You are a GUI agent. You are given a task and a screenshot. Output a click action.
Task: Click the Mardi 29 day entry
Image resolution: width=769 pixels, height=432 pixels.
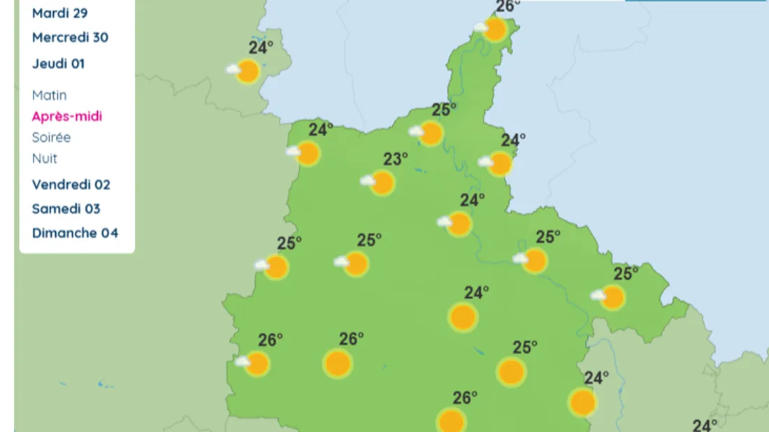(59, 13)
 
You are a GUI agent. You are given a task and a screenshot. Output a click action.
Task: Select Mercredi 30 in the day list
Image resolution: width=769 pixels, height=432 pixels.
(70, 38)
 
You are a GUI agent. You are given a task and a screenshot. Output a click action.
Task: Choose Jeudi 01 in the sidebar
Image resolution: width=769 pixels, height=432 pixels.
(58, 64)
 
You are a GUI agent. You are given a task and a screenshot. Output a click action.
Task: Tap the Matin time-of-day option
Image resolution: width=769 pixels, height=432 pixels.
(49, 95)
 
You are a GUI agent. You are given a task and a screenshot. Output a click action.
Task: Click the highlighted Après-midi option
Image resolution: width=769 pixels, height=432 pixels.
(67, 116)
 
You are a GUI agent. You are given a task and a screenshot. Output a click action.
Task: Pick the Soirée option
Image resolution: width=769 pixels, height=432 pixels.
(51, 137)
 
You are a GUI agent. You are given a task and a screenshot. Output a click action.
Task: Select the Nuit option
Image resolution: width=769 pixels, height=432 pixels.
(45, 159)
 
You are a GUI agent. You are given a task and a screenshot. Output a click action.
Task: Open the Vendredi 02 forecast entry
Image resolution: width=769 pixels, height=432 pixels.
(71, 185)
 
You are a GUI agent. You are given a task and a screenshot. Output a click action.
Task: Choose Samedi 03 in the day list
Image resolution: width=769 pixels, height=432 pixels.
(66, 208)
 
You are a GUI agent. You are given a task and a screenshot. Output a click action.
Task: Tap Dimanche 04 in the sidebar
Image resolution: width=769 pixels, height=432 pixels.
(75, 233)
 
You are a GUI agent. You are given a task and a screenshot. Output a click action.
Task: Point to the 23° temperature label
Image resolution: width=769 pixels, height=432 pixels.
(395, 159)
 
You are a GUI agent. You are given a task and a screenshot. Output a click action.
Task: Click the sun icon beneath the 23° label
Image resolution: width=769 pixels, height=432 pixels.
(382, 183)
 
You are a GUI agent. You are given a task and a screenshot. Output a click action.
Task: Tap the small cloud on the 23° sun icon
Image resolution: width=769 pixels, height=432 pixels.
(367, 180)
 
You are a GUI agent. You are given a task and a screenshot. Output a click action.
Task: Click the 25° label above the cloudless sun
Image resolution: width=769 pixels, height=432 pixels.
(525, 347)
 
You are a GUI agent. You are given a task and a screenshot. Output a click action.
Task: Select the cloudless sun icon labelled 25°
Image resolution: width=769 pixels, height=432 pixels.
(511, 372)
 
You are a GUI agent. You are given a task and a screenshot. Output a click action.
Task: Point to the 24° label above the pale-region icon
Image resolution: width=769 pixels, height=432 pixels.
(261, 48)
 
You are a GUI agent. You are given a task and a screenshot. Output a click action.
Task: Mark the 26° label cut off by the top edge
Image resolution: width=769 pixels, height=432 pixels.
(508, 6)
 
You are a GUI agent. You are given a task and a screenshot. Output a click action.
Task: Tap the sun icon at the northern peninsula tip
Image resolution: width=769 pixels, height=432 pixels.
(495, 29)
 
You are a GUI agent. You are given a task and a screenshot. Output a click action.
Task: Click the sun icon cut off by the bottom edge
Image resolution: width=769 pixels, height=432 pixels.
(452, 422)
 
